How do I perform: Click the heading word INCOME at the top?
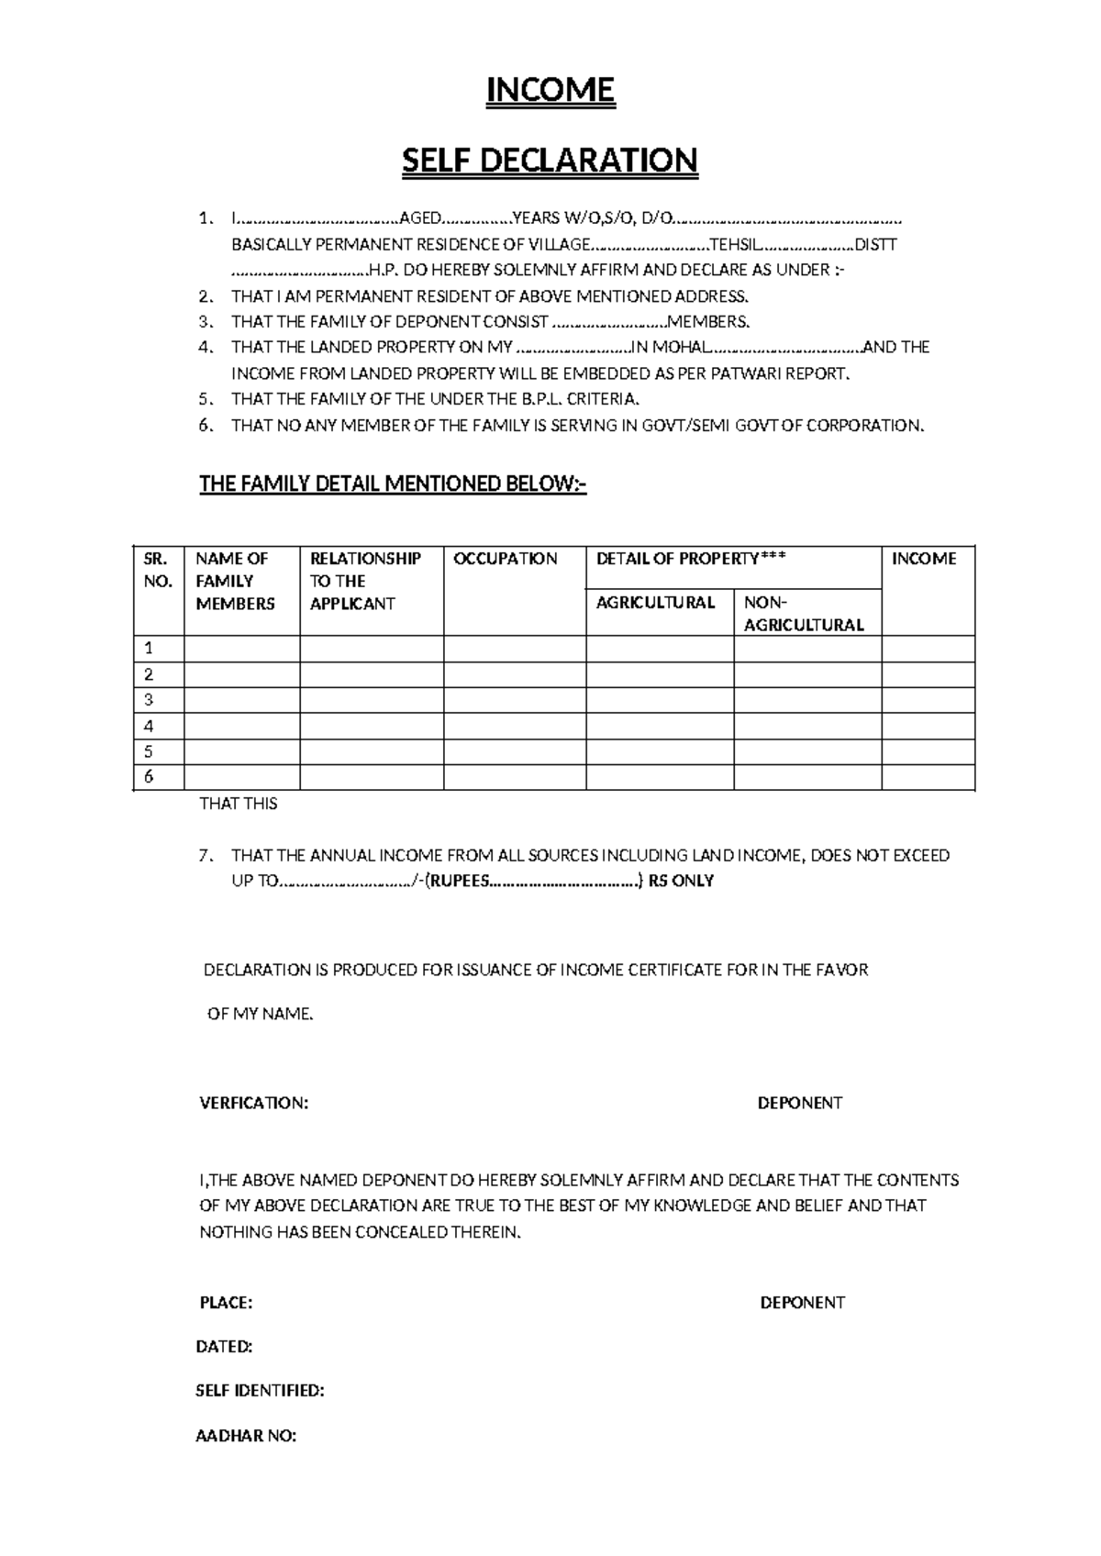(550, 90)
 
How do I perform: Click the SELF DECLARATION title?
(550, 161)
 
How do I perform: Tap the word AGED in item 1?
(420, 218)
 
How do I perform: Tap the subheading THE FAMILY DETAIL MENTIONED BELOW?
(393, 483)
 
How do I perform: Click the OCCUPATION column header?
(506, 559)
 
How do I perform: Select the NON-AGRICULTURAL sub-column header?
(804, 613)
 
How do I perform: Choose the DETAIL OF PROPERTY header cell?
(691, 559)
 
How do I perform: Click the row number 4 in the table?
(149, 726)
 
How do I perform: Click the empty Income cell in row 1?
(928, 649)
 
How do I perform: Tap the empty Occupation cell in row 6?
(515, 777)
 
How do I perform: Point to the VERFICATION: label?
(254, 1103)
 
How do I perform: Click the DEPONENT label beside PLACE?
(803, 1303)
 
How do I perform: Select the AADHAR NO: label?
(246, 1436)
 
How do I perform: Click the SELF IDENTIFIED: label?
(261, 1391)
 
